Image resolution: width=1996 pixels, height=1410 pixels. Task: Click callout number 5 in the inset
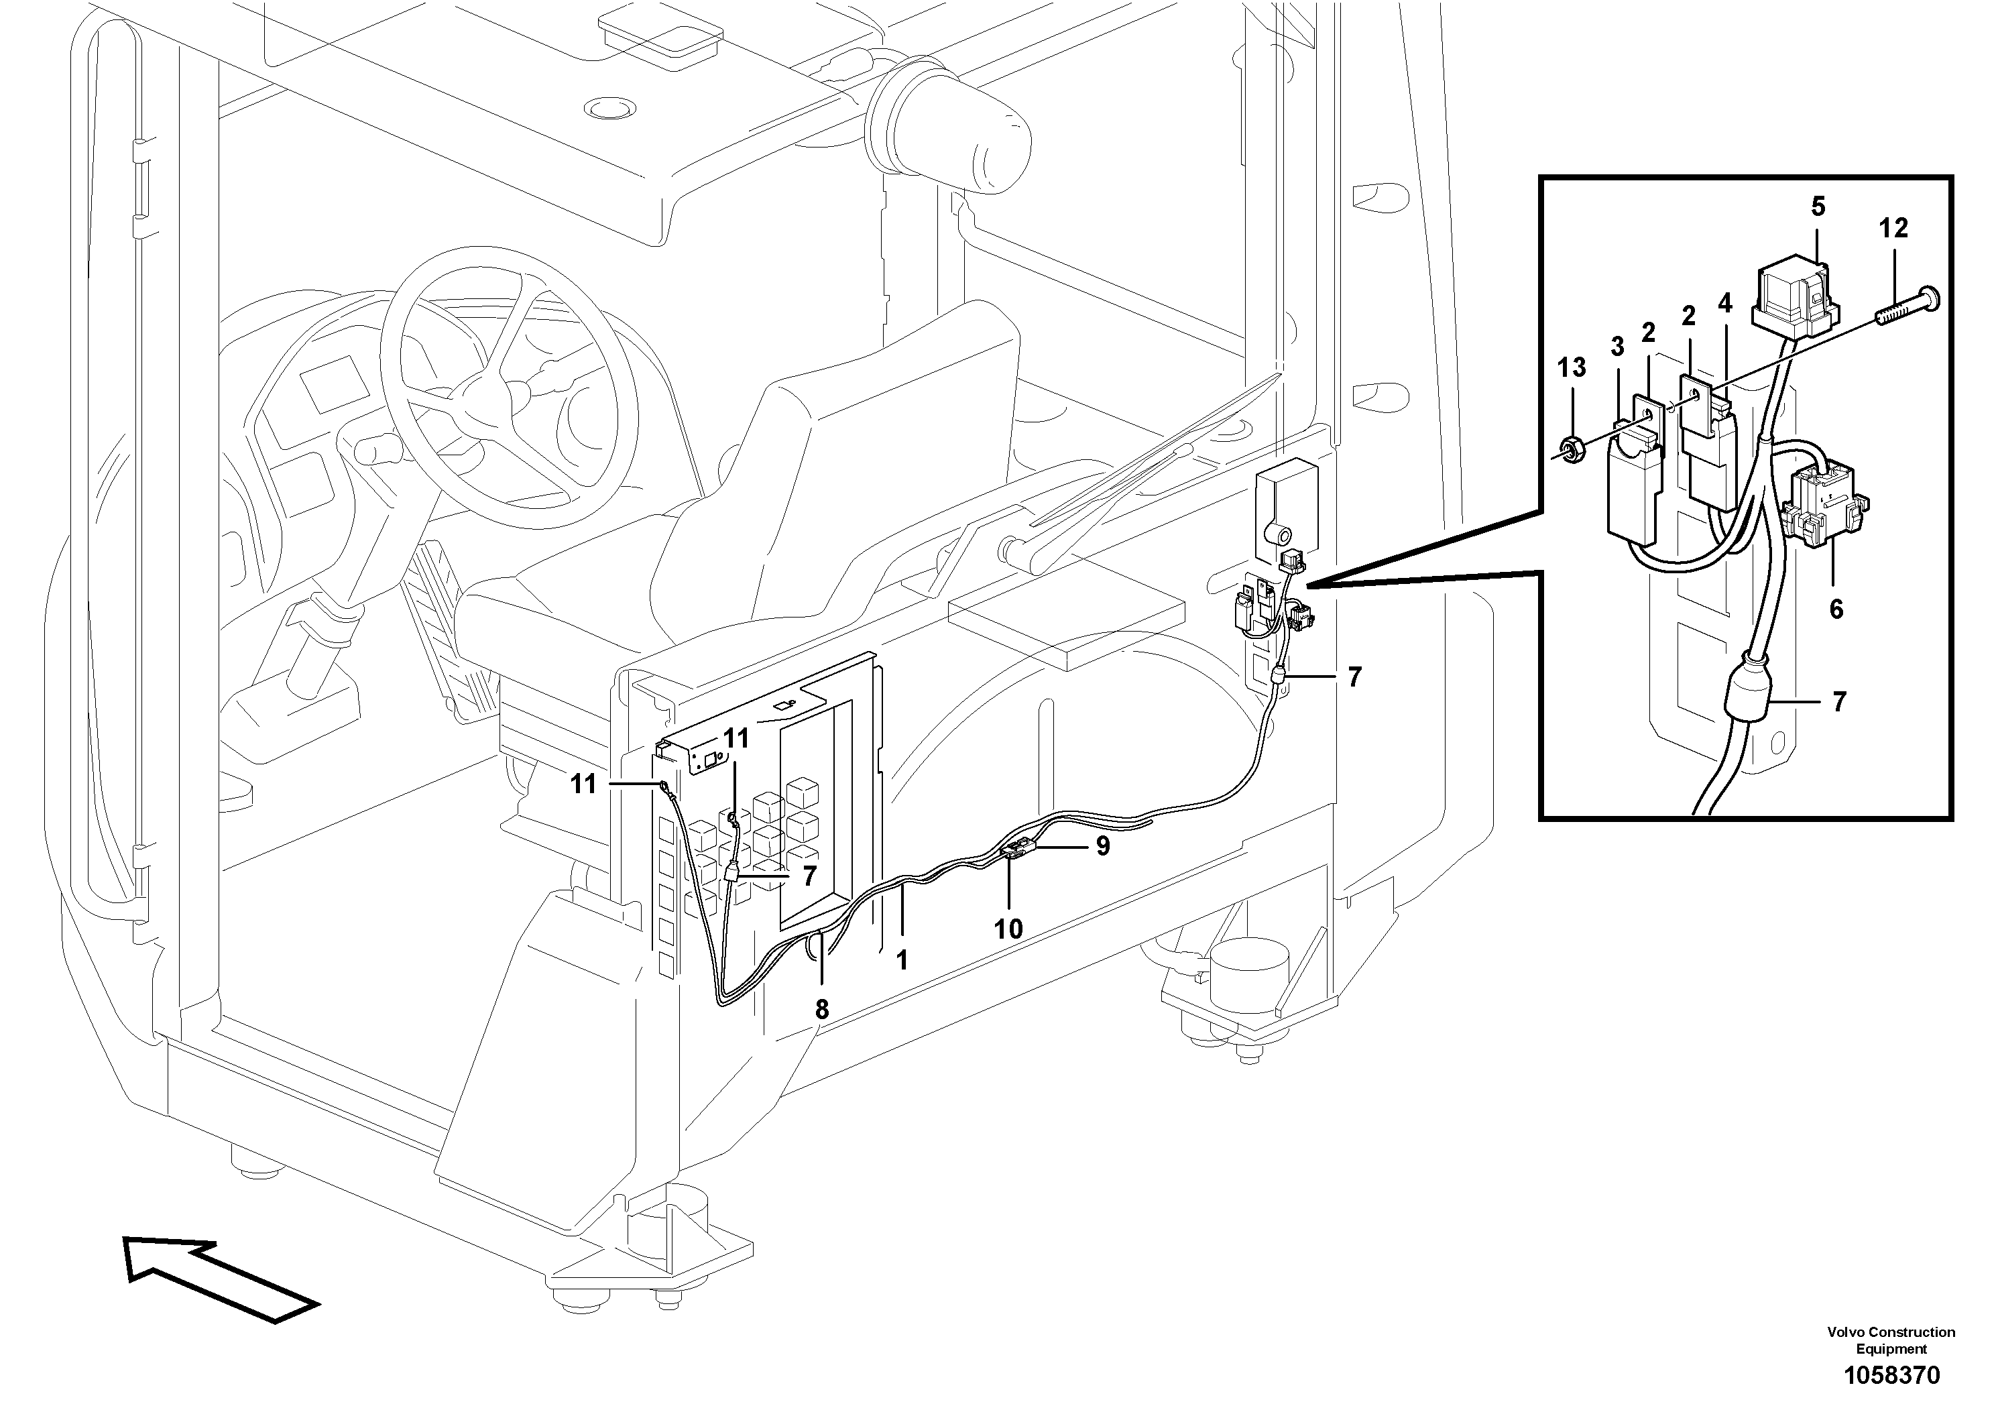tap(1818, 207)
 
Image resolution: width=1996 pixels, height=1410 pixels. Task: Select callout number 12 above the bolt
tap(1893, 229)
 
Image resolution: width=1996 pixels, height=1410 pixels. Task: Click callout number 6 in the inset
tap(1836, 609)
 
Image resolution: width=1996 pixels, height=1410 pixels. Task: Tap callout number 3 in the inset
tap(1617, 347)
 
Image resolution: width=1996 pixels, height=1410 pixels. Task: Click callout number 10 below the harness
tap(1008, 929)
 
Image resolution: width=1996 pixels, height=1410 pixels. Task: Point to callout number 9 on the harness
tap(1102, 846)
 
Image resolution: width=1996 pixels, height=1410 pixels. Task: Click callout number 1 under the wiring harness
tap(902, 959)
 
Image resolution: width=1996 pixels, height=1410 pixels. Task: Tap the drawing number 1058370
tap(1891, 1376)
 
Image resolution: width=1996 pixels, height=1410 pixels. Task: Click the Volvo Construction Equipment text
tap(1891, 1340)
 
